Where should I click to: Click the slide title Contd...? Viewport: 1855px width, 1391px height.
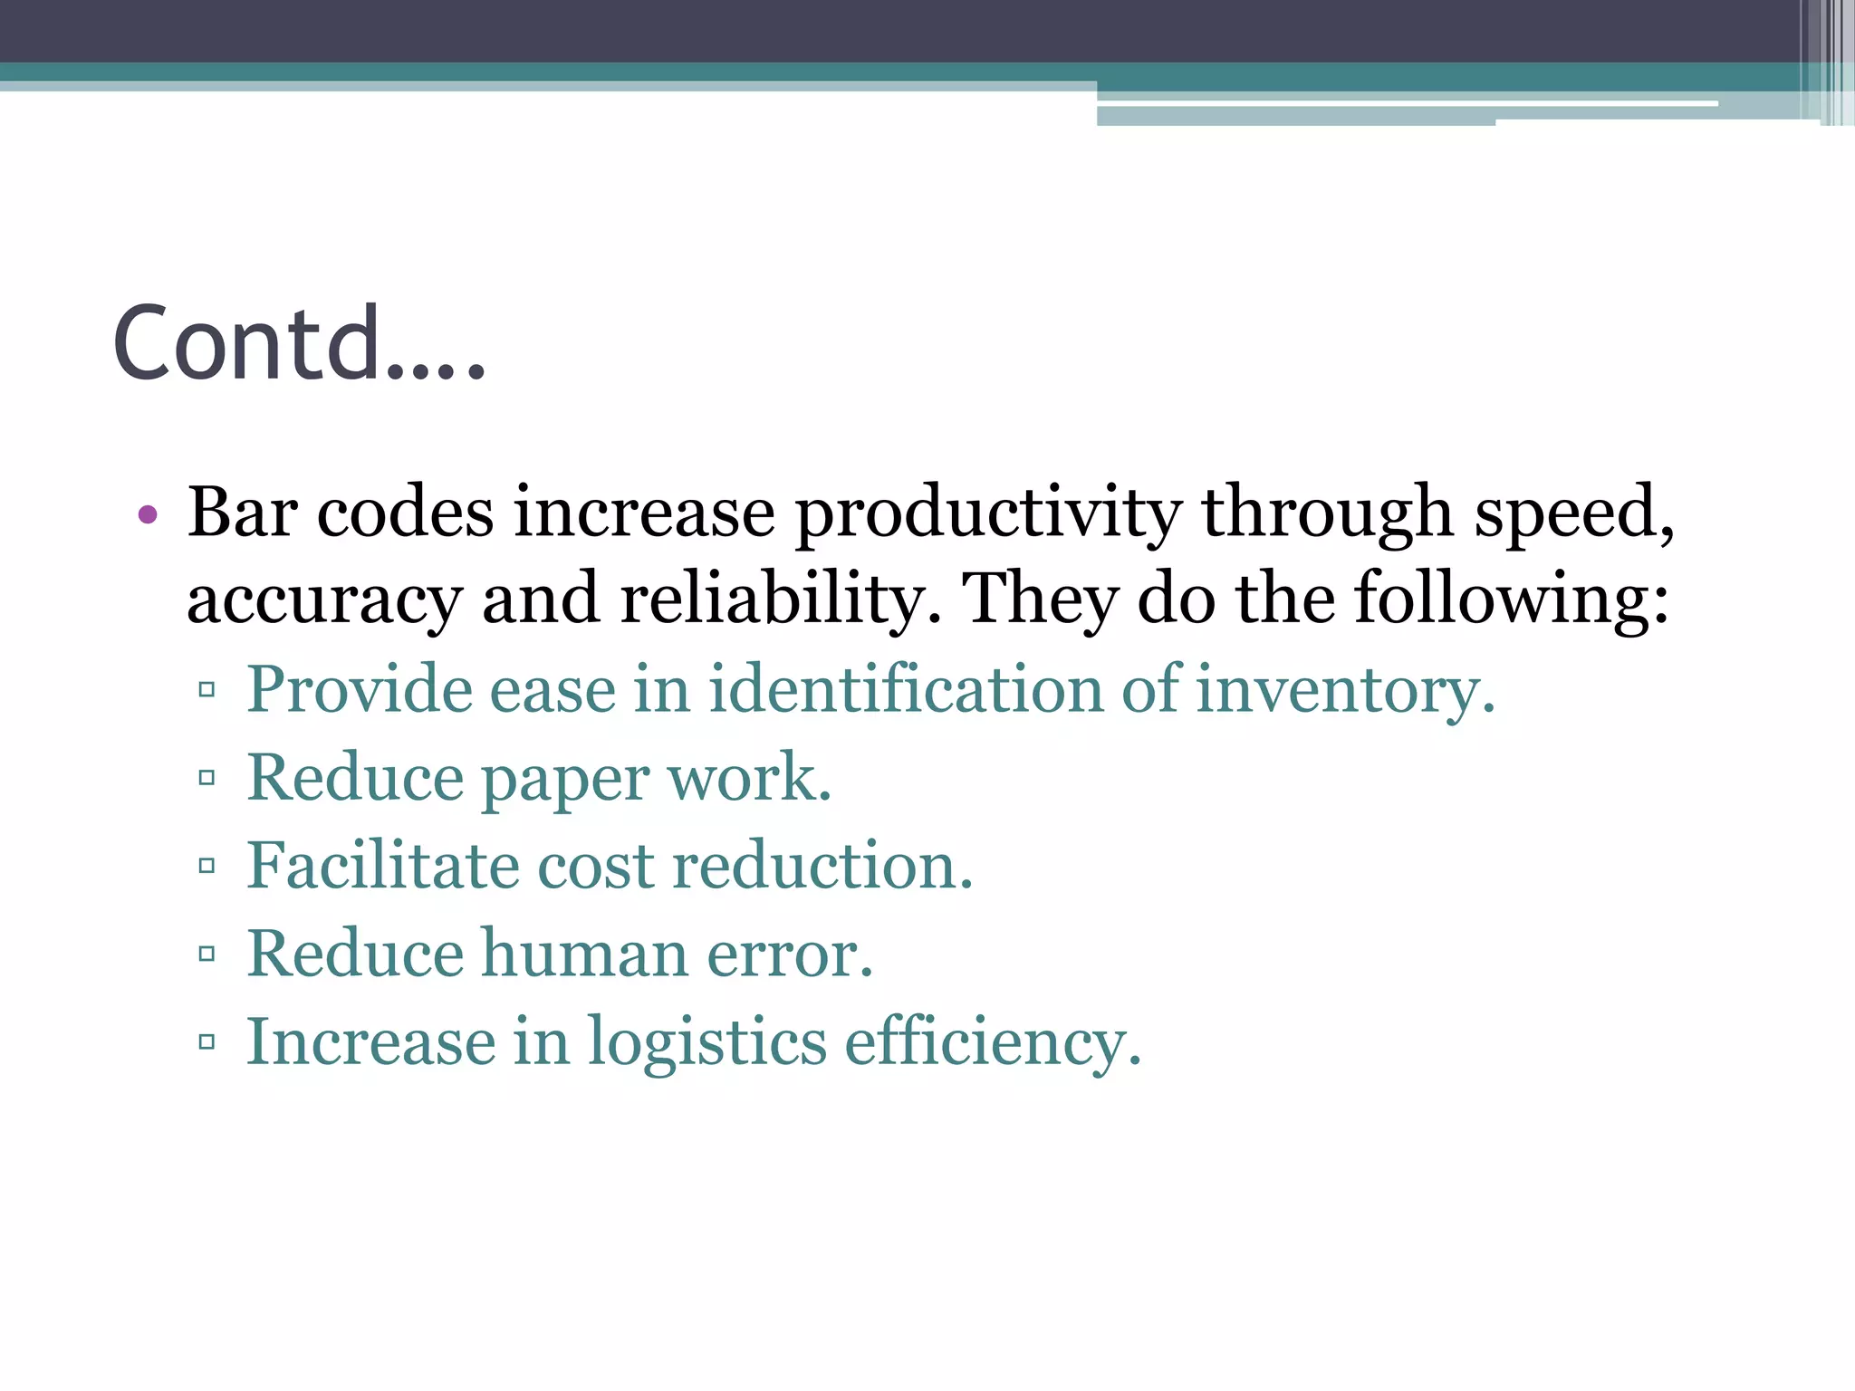[299, 343]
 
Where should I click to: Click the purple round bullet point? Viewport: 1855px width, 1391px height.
[148, 515]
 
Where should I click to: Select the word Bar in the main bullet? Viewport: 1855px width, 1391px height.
[242, 513]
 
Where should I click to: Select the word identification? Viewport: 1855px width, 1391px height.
[905, 688]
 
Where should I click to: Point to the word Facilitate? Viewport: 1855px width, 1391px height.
[382, 865]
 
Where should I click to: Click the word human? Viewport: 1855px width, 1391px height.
[584, 953]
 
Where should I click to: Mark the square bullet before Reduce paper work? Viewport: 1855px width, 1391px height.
[207, 777]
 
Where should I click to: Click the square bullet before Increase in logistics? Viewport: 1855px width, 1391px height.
[207, 1041]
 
